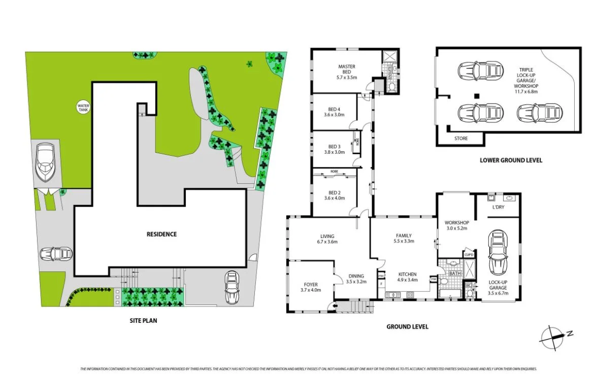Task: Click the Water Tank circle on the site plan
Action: pyautogui.click(x=83, y=107)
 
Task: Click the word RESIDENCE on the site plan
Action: pyautogui.click(x=162, y=234)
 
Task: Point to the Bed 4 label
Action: pyautogui.click(x=334, y=112)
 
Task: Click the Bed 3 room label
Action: pyautogui.click(x=334, y=149)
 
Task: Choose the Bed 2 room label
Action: pyautogui.click(x=334, y=195)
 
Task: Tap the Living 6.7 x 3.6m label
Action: pyautogui.click(x=327, y=239)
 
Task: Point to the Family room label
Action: pyautogui.click(x=404, y=239)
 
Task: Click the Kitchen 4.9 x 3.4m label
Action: pyautogui.click(x=407, y=276)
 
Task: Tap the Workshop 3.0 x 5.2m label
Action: pyautogui.click(x=456, y=225)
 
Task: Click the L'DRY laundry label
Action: pyautogui.click(x=498, y=208)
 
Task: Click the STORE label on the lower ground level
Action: pyautogui.click(x=461, y=138)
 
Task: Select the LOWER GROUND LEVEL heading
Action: pyautogui.click(x=511, y=160)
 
